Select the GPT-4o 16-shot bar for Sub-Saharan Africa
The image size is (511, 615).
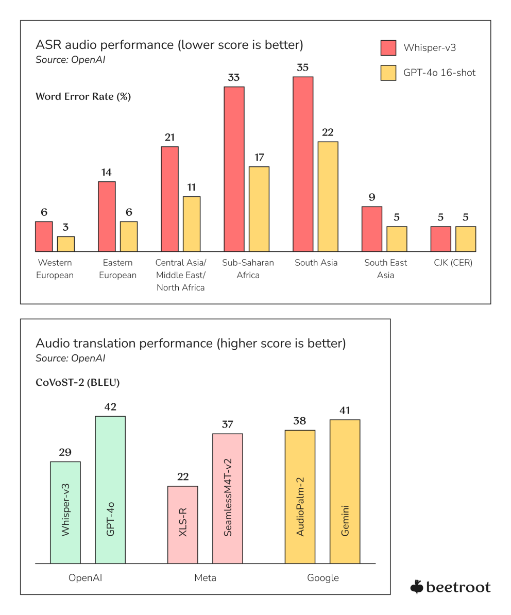[x=259, y=209]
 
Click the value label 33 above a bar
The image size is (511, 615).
[x=234, y=78]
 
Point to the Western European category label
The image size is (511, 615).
[x=55, y=269]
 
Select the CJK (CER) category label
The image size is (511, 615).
[x=453, y=263]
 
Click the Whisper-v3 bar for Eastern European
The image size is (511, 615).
[x=107, y=216]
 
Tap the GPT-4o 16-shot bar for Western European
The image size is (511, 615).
[x=66, y=244]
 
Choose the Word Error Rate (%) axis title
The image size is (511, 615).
[x=83, y=96]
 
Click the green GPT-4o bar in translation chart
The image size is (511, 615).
[x=110, y=489]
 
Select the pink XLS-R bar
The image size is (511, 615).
[x=182, y=524]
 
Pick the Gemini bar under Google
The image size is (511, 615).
[x=345, y=491]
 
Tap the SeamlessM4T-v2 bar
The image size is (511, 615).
[x=227, y=498]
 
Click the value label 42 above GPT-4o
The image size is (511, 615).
[x=110, y=407]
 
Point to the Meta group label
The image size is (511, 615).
[x=205, y=578]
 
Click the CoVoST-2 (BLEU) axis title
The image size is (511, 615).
[x=78, y=383]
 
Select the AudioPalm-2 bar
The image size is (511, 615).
[x=300, y=497]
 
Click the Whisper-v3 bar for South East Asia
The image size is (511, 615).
[x=372, y=229]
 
